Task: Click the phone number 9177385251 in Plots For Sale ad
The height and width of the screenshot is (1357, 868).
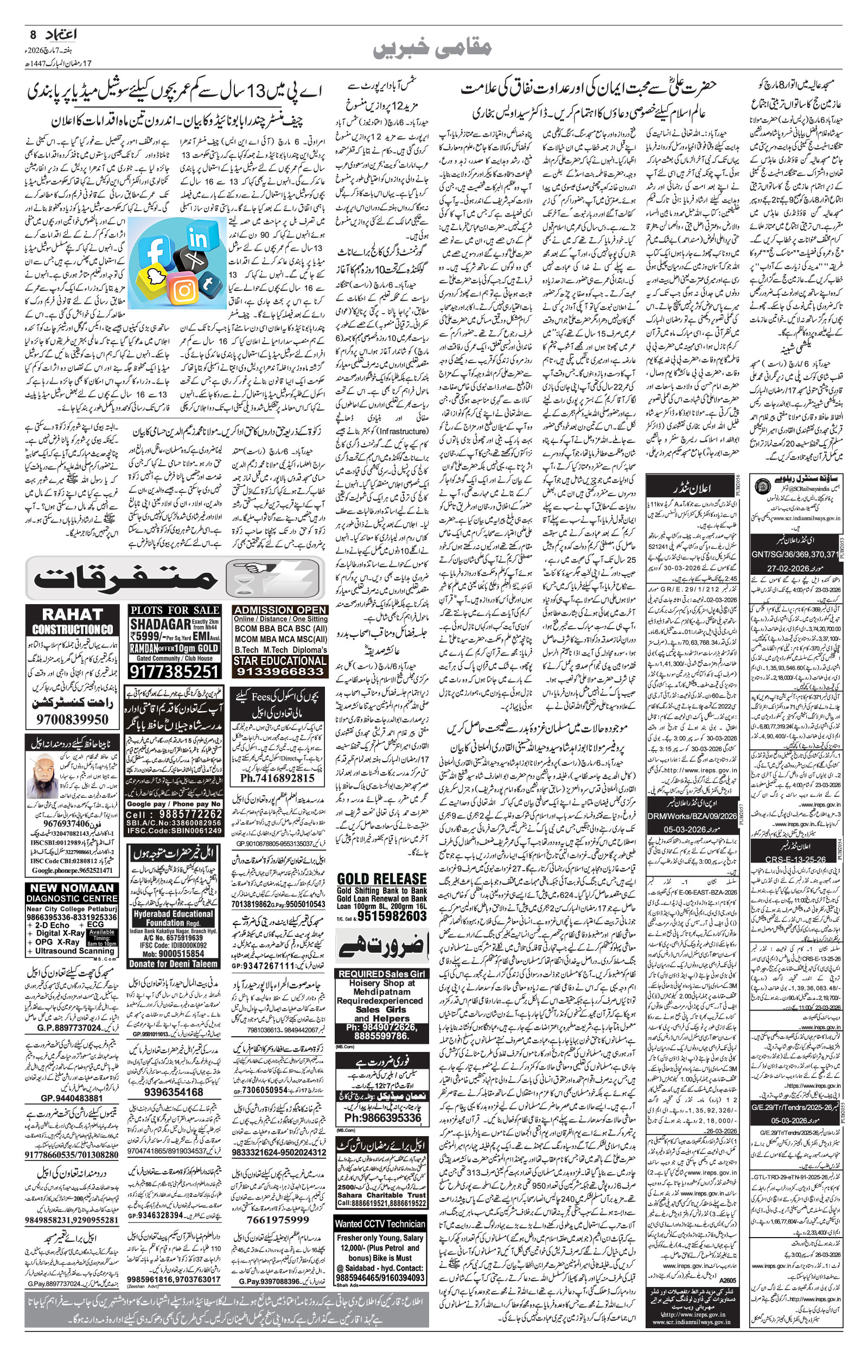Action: tap(174, 671)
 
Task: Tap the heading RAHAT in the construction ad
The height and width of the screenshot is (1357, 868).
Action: tap(72, 614)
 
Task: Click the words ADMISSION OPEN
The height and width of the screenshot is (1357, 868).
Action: tap(280, 610)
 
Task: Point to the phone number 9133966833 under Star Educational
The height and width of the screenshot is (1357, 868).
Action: tap(280, 671)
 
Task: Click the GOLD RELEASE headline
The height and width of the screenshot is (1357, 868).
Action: tap(381, 878)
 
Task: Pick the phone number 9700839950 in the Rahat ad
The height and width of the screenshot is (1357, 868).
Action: tap(72, 720)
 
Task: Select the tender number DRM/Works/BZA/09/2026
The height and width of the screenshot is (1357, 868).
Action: tap(692, 816)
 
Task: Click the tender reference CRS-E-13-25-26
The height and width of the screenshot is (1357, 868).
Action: tap(795, 859)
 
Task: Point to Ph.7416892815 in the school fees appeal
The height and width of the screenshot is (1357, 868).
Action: tap(277, 777)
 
